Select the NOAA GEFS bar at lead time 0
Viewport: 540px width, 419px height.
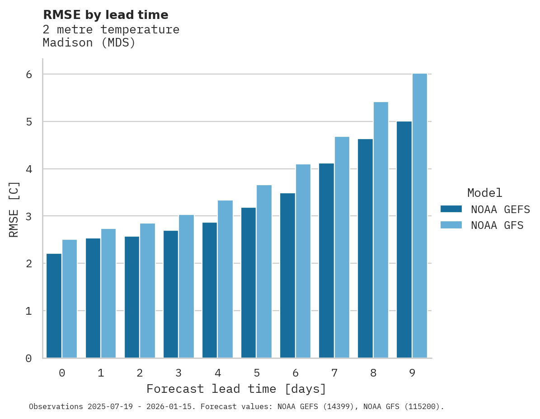tap(54, 306)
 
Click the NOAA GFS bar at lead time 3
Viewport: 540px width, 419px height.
tap(187, 286)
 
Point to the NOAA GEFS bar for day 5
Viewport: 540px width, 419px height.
tap(249, 283)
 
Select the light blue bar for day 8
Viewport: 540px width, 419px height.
tap(381, 230)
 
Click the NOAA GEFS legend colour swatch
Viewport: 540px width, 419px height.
tap(451, 209)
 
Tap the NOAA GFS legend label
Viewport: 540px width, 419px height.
tap(497, 225)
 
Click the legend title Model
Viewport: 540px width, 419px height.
tap(484, 193)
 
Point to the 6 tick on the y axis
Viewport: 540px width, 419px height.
tap(29, 74)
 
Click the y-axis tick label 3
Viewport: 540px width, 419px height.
tap(29, 216)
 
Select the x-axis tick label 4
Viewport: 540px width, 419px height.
tap(218, 373)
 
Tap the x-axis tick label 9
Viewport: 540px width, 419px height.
tap(412, 373)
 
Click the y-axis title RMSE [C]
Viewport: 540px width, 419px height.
tap(14, 209)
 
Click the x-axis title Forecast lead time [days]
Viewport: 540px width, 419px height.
tap(236, 389)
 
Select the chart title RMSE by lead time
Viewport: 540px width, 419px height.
tap(105, 15)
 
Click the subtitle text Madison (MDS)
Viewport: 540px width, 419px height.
tap(89, 43)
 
